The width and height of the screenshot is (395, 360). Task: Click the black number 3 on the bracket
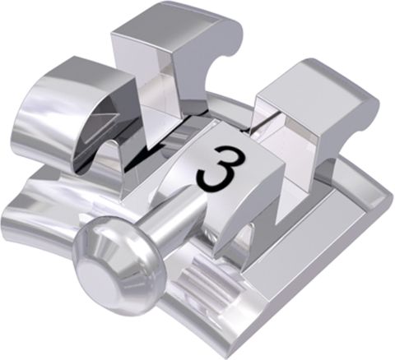(221, 168)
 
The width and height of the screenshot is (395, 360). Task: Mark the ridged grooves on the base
(204, 279)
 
